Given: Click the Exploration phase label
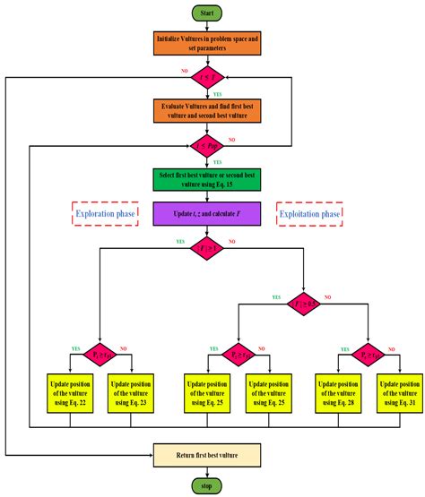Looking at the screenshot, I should click(x=106, y=215).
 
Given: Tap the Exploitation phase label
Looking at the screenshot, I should click(x=311, y=215).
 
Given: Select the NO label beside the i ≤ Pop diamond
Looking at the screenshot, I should click(x=233, y=139).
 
